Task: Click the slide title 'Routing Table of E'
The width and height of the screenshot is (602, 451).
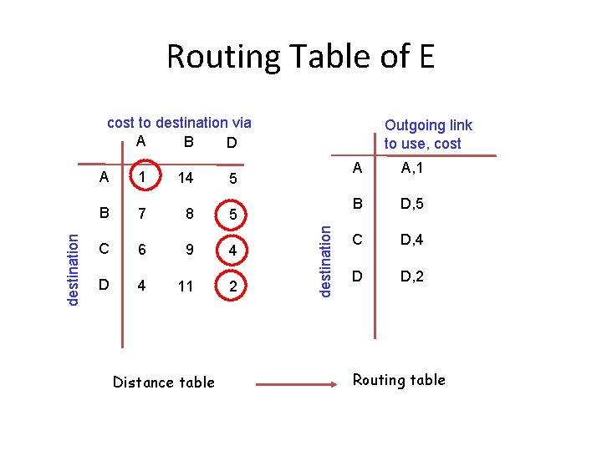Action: [x=300, y=57]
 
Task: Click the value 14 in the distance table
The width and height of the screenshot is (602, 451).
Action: [x=186, y=178]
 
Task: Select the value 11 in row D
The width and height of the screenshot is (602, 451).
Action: [x=186, y=286]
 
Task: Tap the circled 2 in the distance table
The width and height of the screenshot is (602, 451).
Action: [x=235, y=287]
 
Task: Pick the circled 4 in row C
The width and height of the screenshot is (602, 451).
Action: [x=235, y=251]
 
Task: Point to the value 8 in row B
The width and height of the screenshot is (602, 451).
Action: [x=190, y=214]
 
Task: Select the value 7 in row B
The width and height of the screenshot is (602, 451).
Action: [x=142, y=214]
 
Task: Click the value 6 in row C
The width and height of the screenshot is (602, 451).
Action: [x=142, y=250]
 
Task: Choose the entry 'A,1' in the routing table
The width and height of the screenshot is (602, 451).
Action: [x=411, y=168]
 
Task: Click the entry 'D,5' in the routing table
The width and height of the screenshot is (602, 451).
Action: [x=412, y=204]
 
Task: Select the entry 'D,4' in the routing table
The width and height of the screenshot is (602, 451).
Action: [x=412, y=241]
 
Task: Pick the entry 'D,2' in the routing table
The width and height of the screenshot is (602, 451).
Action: [x=412, y=276]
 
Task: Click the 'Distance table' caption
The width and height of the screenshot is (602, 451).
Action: [x=163, y=383]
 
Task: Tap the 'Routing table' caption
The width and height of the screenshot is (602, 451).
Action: [x=399, y=380]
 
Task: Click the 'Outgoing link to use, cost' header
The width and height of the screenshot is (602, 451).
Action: [x=427, y=134]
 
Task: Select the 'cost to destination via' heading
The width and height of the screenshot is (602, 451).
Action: [x=179, y=123]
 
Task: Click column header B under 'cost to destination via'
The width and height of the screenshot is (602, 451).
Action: [x=189, y=141]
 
